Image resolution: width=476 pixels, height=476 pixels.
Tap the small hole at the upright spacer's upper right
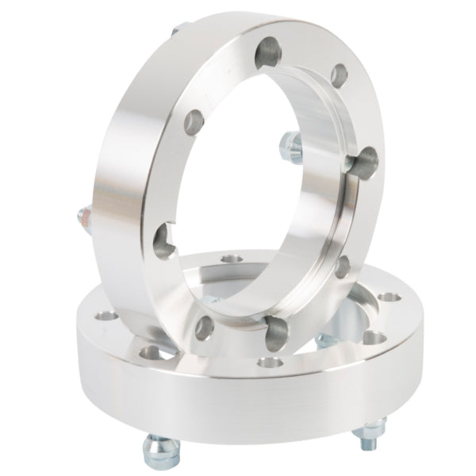pos(339,76)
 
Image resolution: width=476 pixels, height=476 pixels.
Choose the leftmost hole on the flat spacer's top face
pos(101,317)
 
